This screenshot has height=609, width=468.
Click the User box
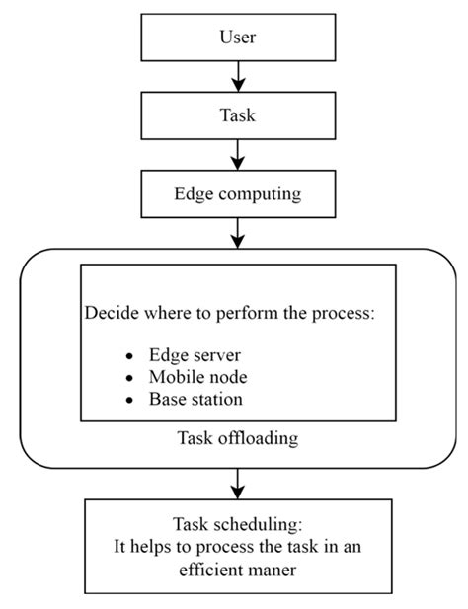pyautogui.click(x=237, y=38)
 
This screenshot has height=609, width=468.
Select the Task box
pyautogui.click(x=237, y=114)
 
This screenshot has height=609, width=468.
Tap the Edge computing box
pyautogui.click(x=237, y=193)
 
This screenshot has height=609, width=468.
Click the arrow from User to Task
pyautogui.click(x=237, y=75)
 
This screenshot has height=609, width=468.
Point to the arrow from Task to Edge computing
pyautogui.click(x=237, y=153)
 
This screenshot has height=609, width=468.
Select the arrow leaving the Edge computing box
pyautogui.click(x=237, y=232)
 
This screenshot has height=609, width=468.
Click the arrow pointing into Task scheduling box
pyautogui.click(x=237, y=484)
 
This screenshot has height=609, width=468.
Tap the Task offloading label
pyautogui.click(x=237, y=437)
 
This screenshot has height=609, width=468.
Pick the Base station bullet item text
pyautogui.click(x=195, y=400)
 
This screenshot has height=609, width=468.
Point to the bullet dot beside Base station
pyautogui.click(x=129, y=401)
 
